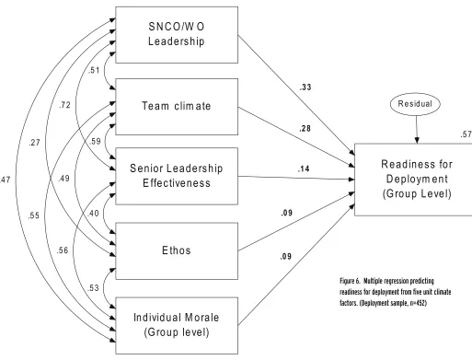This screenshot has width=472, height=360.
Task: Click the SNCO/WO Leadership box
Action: [x=177, y=35]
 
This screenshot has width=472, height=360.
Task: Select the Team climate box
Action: [x=177, y=107]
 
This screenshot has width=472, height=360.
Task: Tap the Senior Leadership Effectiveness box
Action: [x=177, y=176]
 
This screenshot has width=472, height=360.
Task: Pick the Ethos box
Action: [x=177, y=251]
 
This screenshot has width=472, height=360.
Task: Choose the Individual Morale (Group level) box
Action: [x=177, y=325]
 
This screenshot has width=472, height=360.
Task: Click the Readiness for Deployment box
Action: [x=414, y=180]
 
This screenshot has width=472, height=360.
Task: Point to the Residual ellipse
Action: [x=415, y=104]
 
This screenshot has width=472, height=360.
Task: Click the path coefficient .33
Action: [x=305, y=87]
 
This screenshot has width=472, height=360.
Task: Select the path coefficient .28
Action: [x=305, y=128]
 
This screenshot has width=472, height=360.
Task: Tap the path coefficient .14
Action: [x=304, y=168]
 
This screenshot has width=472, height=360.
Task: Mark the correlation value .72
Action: [x=64, y=105]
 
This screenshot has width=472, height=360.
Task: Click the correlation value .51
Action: [x=94, y=70]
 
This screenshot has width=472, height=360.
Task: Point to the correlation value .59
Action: [x=95, y=141]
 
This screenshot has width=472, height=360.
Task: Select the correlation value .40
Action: [x=93, y=213]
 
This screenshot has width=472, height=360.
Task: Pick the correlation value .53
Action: [x=93, y=288]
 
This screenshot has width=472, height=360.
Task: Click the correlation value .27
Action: [x=34, y=143]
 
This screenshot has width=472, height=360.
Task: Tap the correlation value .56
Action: [x=63, y=250]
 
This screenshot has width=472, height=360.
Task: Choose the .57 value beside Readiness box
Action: [x=466, y=134]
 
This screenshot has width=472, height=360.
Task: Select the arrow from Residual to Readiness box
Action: [x=417, y=129]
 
